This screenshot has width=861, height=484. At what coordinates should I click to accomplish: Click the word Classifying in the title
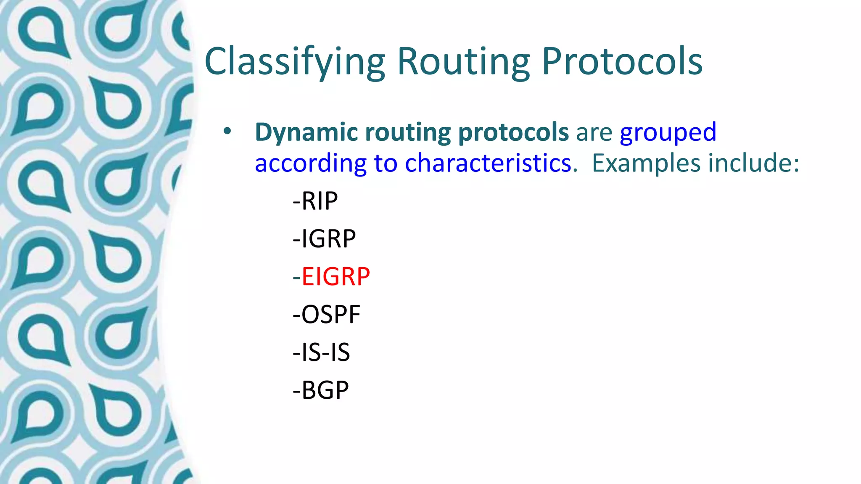[x=294, y=62]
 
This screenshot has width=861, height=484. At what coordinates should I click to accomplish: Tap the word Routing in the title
[x=463, y=62]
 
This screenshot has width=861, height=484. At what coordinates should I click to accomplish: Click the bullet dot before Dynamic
[x=227, y=132]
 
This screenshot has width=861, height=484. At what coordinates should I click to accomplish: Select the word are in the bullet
[x=594, y=133]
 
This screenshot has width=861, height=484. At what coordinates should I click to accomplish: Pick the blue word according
[x=310, y=164]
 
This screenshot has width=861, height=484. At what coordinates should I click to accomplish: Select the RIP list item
[x=315, y=201]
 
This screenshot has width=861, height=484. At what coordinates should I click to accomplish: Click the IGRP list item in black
[x=324, y=239]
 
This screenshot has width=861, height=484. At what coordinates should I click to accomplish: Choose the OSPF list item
[x=327, y=314]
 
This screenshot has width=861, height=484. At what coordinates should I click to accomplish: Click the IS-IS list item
[x=321, y=352]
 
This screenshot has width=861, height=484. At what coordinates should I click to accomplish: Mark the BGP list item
[x=321, y=390]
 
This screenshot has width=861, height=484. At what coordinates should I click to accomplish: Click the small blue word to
[x=385, y=164]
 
